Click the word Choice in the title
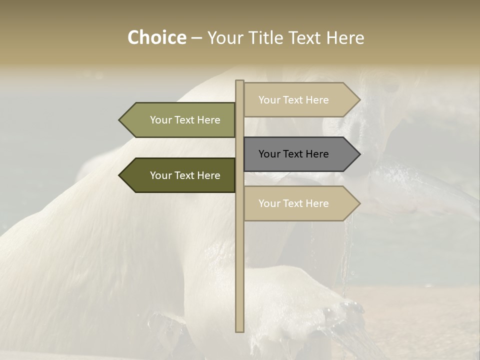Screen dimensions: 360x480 (156, 38)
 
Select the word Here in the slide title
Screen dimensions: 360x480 (345, 38)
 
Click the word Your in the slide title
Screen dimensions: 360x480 (224, 38)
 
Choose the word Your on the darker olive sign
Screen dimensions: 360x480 (160, 175)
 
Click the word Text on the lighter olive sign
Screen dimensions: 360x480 (185, 120)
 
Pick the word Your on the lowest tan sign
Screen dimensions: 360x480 (269, 203)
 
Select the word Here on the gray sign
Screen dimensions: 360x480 (317, 154)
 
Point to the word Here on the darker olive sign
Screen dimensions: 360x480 (208, 175)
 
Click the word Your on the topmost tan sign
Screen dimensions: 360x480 (269, 100)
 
